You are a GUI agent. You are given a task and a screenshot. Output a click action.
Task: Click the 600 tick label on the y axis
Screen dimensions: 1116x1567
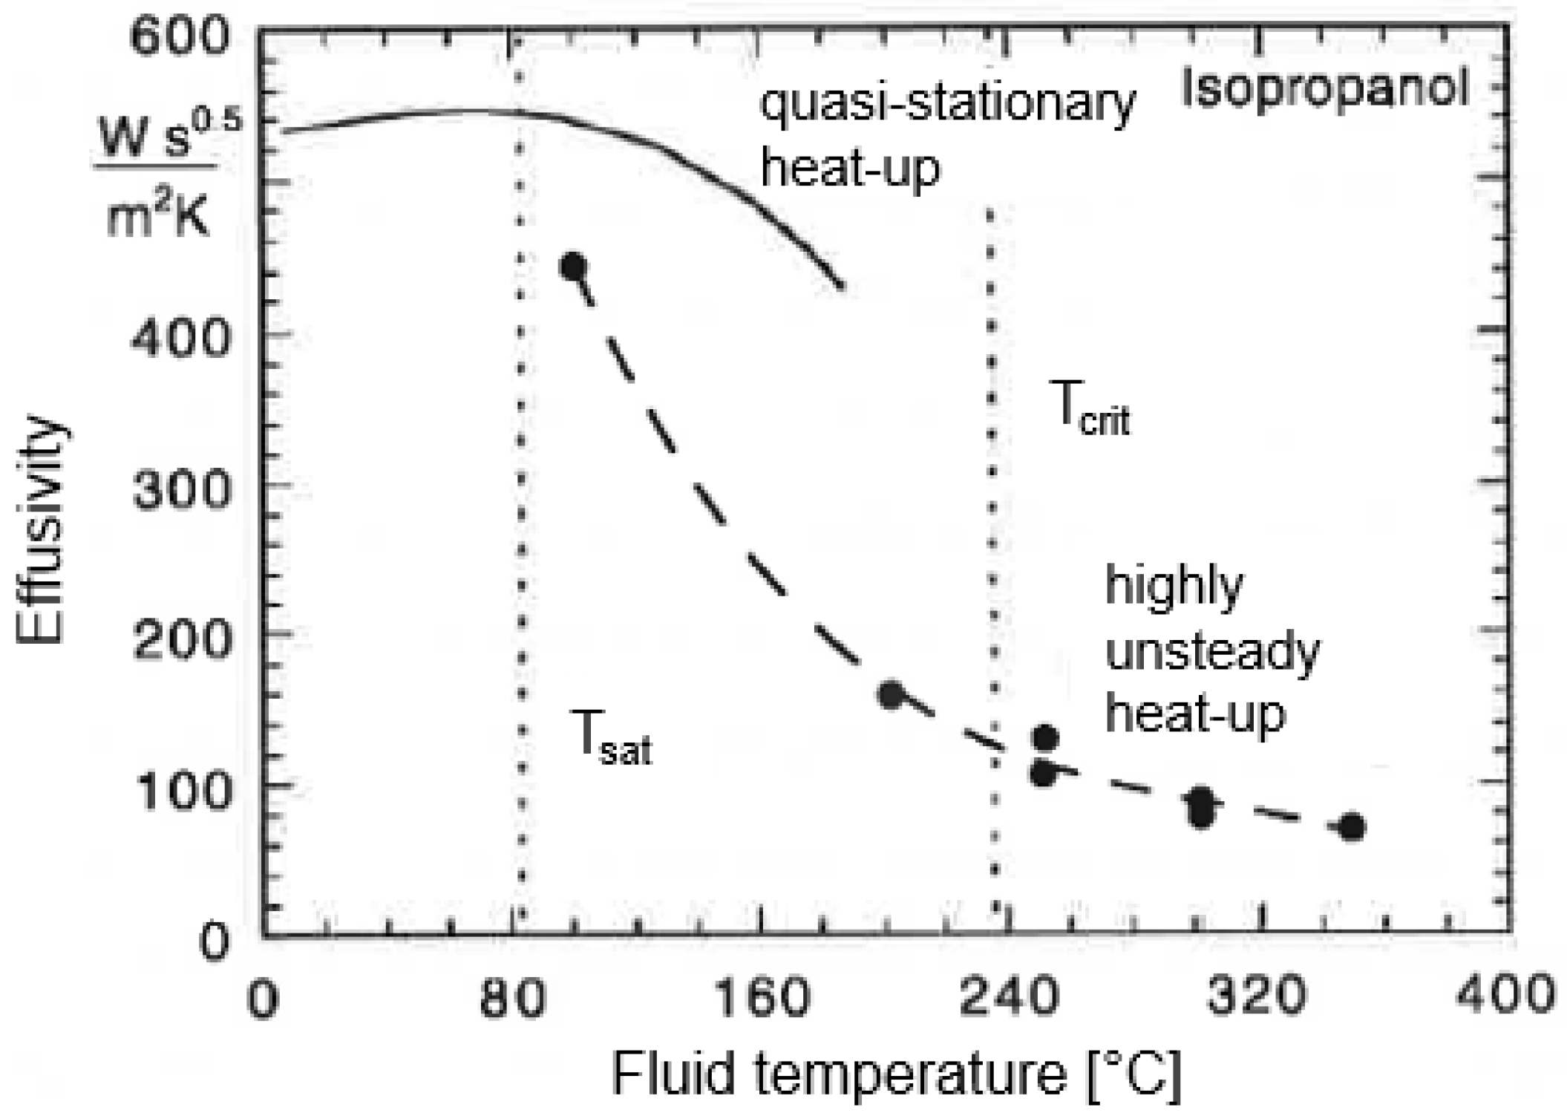coord(179,36)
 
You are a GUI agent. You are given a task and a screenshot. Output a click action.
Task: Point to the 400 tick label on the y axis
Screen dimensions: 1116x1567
coord(179,341)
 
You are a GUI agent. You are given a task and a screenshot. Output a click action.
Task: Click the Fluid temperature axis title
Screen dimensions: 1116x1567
coord(895,1074)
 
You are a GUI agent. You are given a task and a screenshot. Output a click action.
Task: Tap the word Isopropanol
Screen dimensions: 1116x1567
coord(1325,88)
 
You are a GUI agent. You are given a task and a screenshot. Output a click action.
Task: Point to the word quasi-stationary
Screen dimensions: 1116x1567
coord(947,104)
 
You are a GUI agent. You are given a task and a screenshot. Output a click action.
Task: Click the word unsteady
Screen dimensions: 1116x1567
coord(1212,651)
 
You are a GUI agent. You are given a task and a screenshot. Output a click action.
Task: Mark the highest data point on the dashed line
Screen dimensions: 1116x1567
coord(573,267)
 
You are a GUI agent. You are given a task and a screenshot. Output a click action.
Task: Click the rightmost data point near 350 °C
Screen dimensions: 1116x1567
coord(1352,826)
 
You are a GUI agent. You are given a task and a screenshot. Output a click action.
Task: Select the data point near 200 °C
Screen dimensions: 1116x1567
coord(890,694)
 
